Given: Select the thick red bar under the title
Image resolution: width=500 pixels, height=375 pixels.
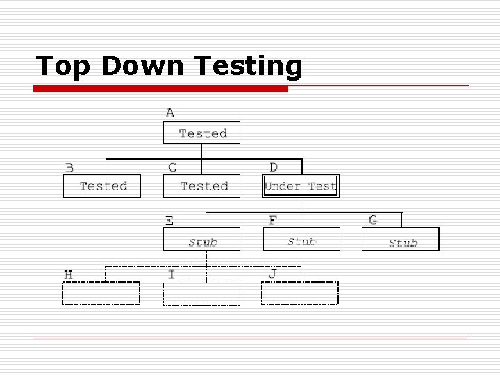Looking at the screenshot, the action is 161,89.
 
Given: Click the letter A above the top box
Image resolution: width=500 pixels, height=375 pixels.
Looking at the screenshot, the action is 170,112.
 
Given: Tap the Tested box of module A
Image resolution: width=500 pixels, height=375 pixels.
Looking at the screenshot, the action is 201,133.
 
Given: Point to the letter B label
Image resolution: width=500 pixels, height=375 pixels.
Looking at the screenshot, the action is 69,167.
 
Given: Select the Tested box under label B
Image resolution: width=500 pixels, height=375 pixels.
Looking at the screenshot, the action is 101,186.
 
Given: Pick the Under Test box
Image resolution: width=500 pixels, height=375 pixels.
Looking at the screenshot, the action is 301,186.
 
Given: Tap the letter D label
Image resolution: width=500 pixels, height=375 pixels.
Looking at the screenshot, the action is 274,167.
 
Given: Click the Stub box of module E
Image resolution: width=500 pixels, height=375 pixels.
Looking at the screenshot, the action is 201,240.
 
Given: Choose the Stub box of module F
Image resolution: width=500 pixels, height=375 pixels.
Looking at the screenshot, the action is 301,240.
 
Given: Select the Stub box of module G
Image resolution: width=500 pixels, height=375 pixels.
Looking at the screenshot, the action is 401,240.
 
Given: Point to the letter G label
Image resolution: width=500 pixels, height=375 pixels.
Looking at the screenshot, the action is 374,220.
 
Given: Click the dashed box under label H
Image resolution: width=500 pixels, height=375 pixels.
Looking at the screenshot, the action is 101,293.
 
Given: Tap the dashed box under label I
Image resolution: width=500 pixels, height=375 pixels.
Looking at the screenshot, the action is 201,293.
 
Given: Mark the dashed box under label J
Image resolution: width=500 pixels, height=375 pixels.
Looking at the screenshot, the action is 300,293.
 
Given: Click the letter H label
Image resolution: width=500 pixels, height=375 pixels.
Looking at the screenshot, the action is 69,274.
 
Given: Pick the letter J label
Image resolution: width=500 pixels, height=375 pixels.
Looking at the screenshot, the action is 272,274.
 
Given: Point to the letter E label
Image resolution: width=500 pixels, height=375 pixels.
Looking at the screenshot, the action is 169,221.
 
